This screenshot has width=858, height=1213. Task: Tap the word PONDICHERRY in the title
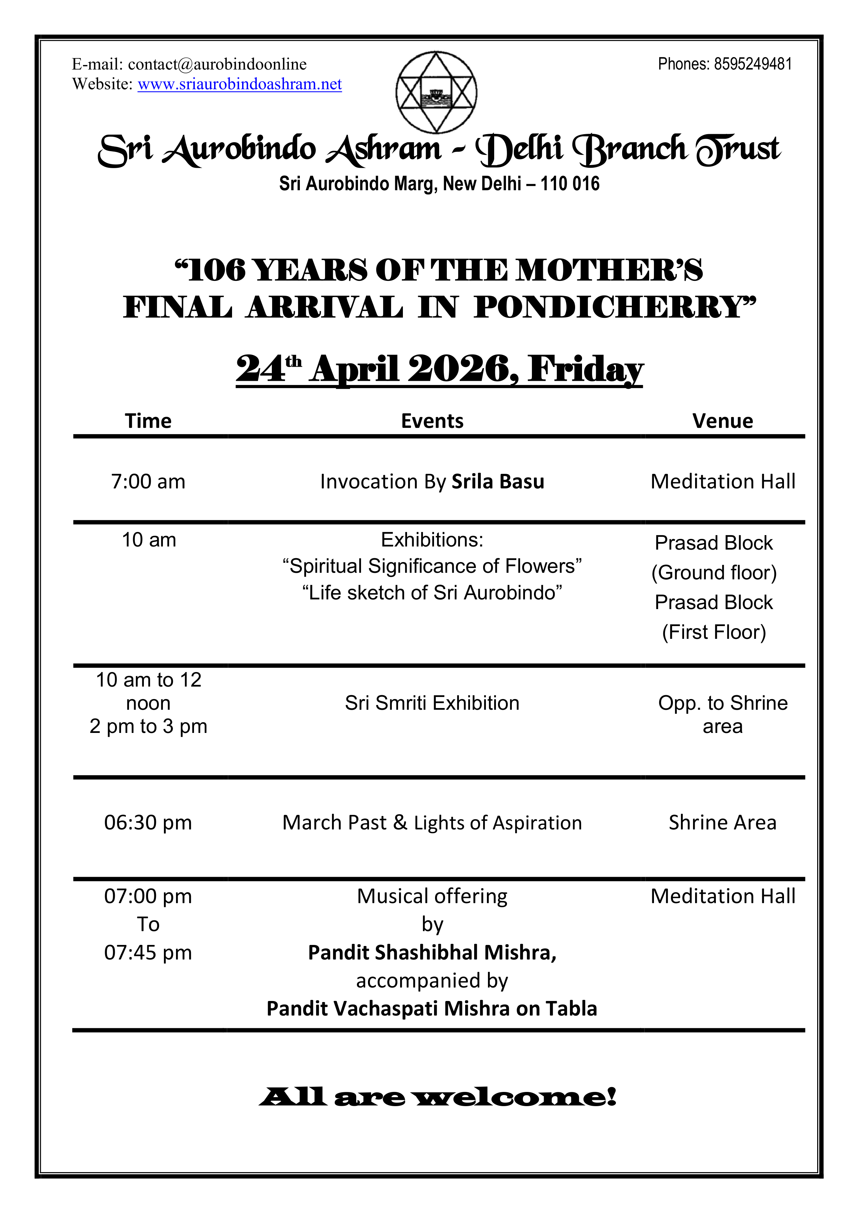[x=615, y=307]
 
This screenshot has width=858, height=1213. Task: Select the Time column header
[x=148, y=421]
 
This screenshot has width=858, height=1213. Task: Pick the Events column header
[x=432, y=421]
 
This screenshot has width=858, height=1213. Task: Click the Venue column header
[x=723, y=421]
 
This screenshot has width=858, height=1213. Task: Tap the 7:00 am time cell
[x=148, y=482]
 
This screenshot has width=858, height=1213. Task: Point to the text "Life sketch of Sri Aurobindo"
[x=432, y=593]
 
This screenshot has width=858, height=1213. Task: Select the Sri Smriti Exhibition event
[x=432, y=703]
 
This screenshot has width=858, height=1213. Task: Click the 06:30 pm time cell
[x=148, y=823]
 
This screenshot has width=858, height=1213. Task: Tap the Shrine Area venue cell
[x=723, y=823]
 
